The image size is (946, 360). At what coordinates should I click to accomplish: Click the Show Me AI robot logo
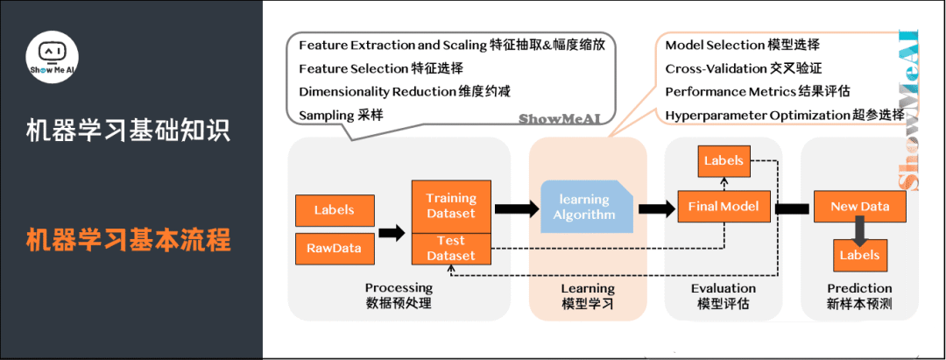54,60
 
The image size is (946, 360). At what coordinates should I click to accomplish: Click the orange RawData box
334,248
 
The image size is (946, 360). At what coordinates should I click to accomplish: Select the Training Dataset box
450,206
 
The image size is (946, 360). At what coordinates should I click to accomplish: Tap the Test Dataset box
450,248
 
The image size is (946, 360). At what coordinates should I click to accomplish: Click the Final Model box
724,208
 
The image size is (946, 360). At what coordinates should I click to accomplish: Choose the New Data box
858,208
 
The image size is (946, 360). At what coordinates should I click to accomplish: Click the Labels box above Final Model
724,160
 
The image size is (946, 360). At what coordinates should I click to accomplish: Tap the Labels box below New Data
858,255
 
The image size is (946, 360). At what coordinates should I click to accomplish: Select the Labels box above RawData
334,210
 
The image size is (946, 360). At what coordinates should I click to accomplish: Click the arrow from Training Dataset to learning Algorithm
517,209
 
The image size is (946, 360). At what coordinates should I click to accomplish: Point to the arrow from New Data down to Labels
858,231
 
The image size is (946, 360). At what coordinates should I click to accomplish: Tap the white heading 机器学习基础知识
128,132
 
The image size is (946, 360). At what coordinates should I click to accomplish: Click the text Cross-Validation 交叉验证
744,68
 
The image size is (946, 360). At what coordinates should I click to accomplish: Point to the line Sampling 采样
341,115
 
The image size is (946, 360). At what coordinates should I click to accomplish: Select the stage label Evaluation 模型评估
723,295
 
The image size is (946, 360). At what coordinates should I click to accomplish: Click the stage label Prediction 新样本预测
859,295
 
